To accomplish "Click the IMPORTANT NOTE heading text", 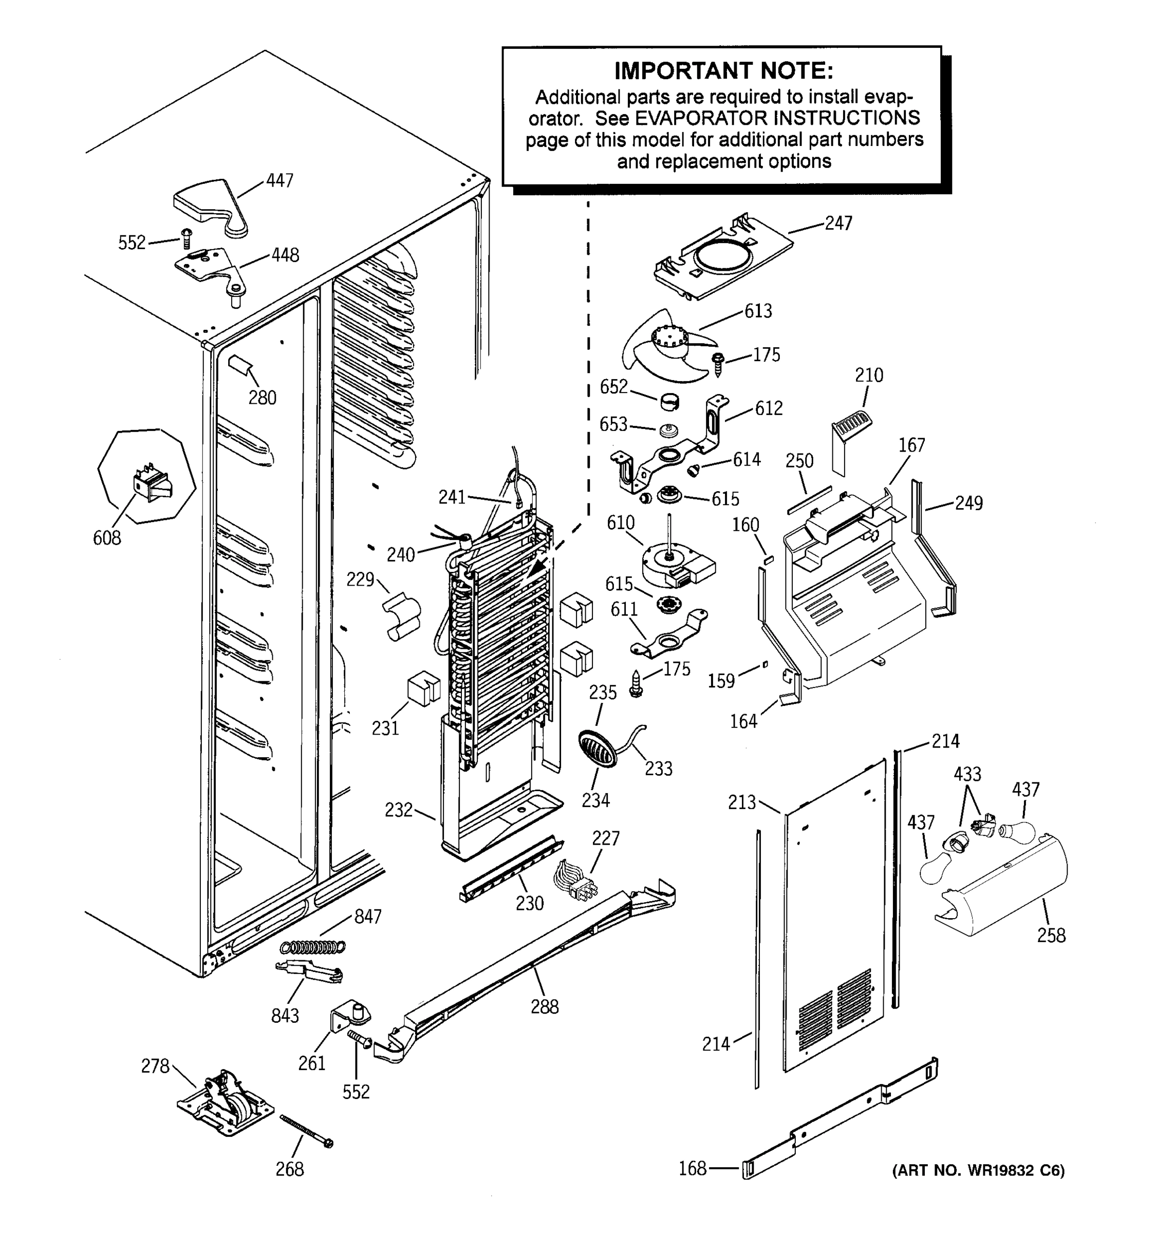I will coord(723,71).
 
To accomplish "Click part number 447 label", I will coord(279,180).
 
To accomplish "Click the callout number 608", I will coord(107,538).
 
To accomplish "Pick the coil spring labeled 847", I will coord(312,946).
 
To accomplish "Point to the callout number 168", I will coord(692,1168).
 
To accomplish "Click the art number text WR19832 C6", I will coord(978,1170).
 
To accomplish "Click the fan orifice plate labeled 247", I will coord(723,258).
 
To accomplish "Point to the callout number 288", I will coord(545,1006).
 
